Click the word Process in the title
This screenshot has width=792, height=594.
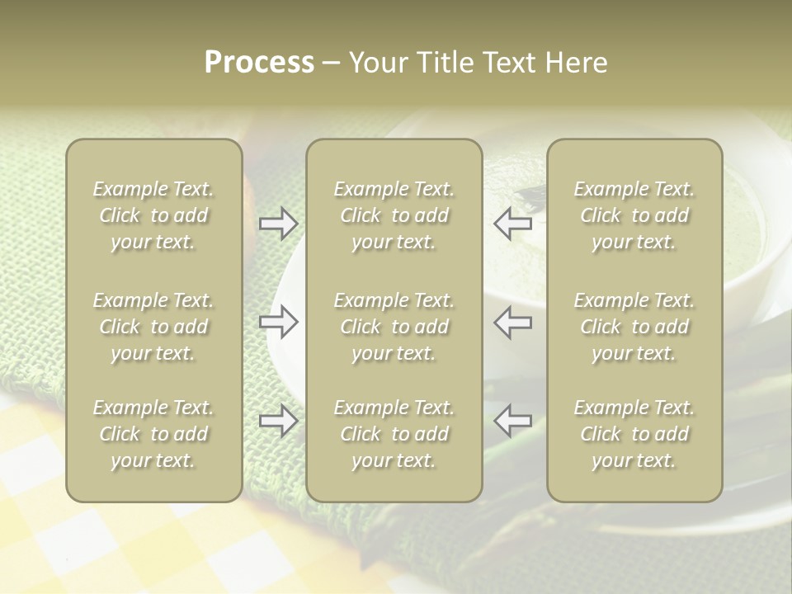pos(259,63)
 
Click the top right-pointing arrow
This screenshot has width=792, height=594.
pos(278,224)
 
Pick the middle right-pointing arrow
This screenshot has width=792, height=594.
pos(278,323)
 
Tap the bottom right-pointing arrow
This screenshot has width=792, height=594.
pos(278,421)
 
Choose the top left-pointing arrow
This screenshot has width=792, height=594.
pos(513,224)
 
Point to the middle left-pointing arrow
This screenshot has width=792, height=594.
pos(513,323)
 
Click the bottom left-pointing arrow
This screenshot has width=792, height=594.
pos(513,421)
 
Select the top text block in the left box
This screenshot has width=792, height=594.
pos(153,215)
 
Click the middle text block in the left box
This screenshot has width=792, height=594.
pos(153,327)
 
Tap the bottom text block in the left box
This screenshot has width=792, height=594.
pos(153,434)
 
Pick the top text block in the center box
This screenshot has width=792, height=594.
pos(394,215)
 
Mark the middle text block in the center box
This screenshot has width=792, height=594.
pos(394,327)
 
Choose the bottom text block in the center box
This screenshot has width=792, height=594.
pos(394,434)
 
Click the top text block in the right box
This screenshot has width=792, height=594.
pos(634,215)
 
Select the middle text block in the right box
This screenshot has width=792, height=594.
pos(634,327)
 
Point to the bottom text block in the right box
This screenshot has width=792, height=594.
pos(634,434)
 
